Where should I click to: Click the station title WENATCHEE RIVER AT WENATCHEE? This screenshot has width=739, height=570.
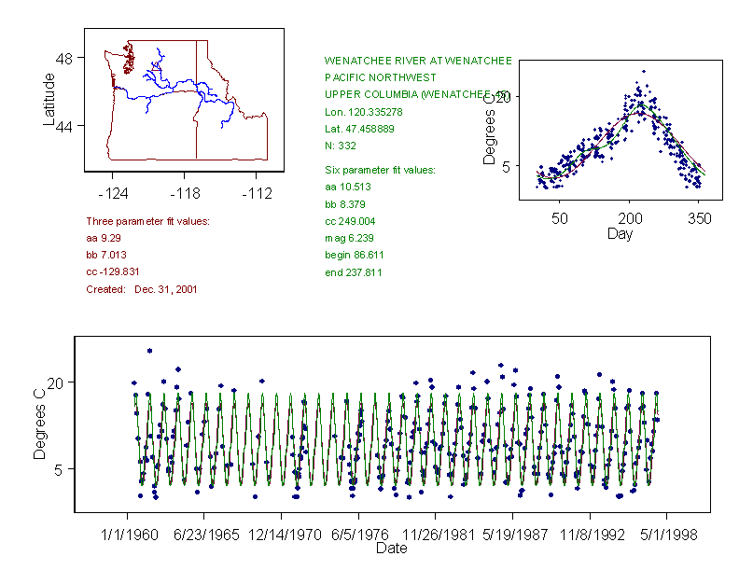coord(418,61)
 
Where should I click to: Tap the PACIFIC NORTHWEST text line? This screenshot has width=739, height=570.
coord(380,77)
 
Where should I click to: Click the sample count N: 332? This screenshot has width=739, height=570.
coord(340,146)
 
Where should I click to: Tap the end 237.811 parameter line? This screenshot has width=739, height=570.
coord(353,272)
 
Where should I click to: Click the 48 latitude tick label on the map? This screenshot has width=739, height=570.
coord(64,58)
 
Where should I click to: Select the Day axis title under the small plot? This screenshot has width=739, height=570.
coord(620,234)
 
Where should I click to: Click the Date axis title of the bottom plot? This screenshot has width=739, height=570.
coord(392,549)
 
